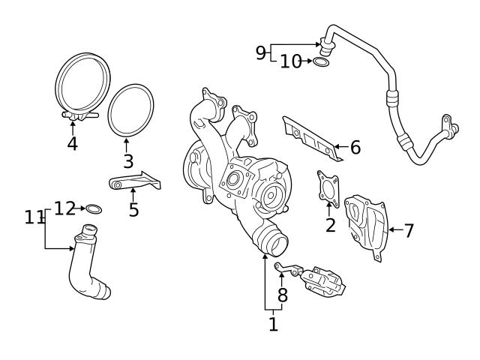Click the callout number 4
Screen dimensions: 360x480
pyautogui.click(x=72, y=142)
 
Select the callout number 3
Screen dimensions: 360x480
pyautogui.click(x=128, y=160)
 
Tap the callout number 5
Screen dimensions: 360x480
pyautogui.click(x=133, y=209)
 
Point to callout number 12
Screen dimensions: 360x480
pyautogui.click(x=64, y=208)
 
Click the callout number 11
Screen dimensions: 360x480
pyautogui.click(x=34, y=217)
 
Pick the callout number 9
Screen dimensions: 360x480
pyautogui.click(x=260, y=52)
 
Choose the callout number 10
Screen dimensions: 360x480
pyautogui.click(x=290, y=61)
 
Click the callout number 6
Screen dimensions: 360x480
pyautogui.click(x=355, y=148)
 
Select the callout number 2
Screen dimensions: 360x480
pyautogui.click(x=330, y=224)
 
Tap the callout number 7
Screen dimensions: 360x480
pyautogui.click(x=409, y=230)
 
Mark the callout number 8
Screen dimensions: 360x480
pyautogui.click(x=282, y=295)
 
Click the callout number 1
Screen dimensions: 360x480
pyautogui.click(x=273, y=324)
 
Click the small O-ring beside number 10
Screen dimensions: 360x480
pyautogui.click(x=320, y=61)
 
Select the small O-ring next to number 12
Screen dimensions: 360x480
pyautogui.click(x=94, y=208)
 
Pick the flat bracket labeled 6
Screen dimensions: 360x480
pyautogui.click(x=311, y=139)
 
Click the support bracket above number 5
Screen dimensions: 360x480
pyautogui.click(x=135, y=181)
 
